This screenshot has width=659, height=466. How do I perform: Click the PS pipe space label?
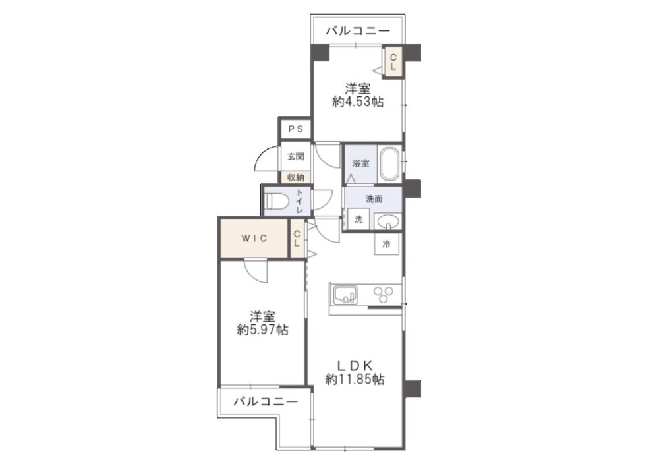(295, 129)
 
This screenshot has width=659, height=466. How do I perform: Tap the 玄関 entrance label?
(295, 156)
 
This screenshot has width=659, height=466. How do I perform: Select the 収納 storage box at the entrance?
(296, 177)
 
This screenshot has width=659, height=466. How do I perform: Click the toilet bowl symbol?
(276, 201)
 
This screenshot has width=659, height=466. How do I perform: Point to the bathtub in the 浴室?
(390, 164)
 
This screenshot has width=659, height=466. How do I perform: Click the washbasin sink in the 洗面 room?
(387, 221)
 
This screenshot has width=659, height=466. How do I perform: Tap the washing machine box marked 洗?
(358, 219)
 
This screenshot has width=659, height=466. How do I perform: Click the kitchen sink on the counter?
(345, 295)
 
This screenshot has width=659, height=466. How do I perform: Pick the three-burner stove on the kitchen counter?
(384, 294)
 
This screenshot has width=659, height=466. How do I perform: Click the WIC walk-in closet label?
(254, 238)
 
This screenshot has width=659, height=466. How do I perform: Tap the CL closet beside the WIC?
(297, 238)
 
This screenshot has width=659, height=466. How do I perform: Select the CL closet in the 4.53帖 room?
(393, 61)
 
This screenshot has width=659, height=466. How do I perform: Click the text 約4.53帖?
(358, 102)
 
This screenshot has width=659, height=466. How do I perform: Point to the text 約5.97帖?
(262, 330)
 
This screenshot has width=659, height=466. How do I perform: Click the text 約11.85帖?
(355, 380)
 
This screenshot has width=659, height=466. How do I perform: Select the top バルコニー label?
(358, 31)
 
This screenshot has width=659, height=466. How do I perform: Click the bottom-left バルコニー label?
(266, 401)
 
